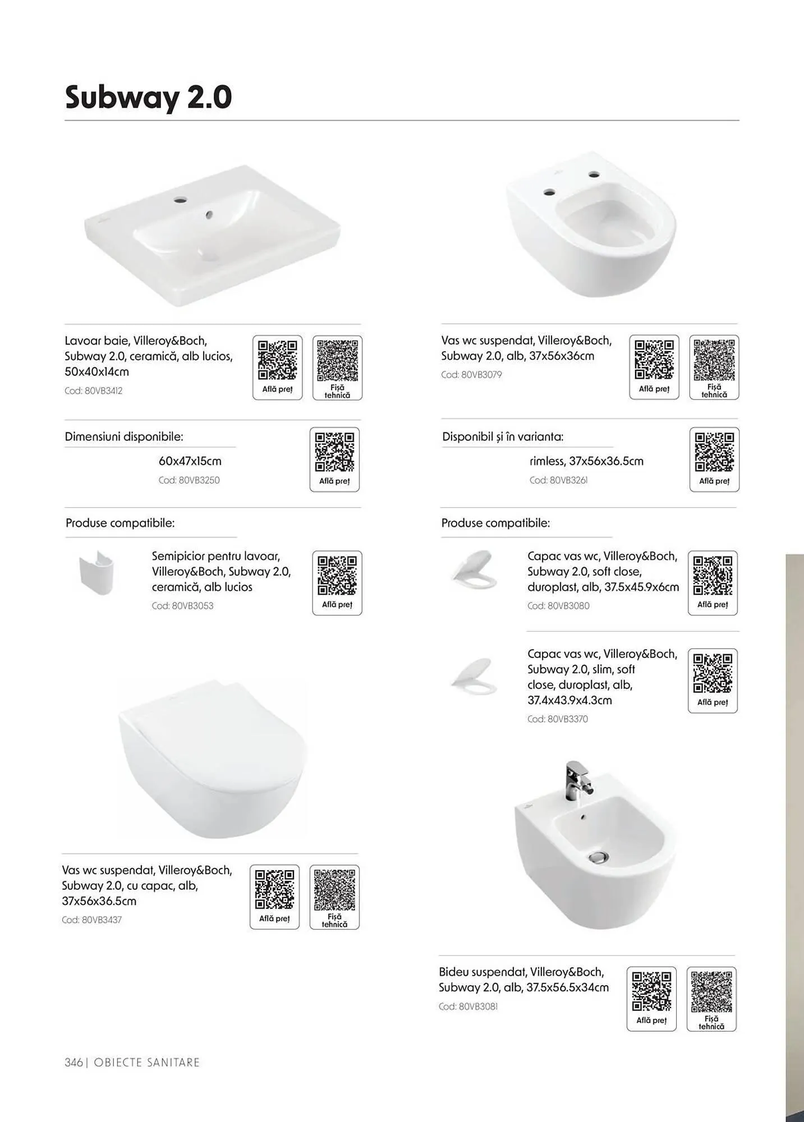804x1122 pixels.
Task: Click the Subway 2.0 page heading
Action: (149, 97)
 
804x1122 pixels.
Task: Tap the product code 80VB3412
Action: (93, 391)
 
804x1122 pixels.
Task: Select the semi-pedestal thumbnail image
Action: (97, 572)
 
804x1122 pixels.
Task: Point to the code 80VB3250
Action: (189, 480)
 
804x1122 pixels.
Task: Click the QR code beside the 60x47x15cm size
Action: (334, 459)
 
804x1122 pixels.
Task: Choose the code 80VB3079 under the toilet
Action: (471, 375)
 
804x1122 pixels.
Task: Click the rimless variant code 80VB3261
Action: (559, 480)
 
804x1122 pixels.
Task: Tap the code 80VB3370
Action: (558, 719)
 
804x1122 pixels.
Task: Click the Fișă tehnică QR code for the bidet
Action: (711, 999)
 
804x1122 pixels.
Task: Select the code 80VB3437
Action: (91, 920)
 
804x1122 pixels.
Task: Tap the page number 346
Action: (73, 1063)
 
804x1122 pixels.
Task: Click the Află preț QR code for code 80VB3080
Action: (713, 583)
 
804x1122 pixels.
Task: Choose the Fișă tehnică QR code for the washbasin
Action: (337, 367)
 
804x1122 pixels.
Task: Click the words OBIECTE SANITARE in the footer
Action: (147, 1063)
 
